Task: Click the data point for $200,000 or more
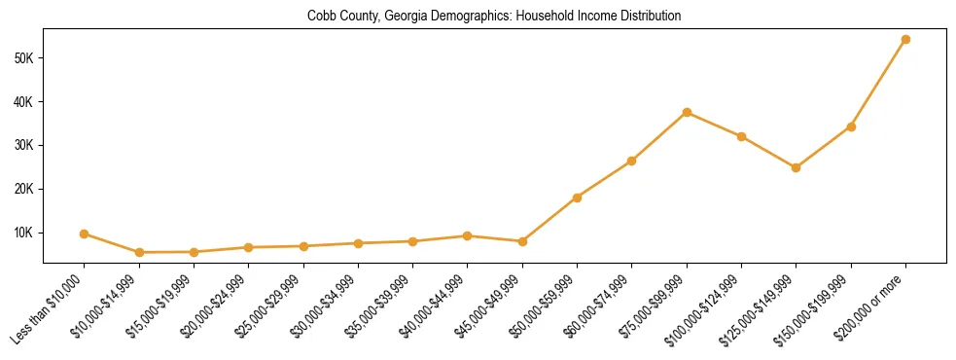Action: [x=905, y=40]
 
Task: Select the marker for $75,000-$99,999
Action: [x=687, y=113]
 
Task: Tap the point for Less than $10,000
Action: [x=85, y=234]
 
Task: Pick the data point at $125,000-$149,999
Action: [x=796, y=167]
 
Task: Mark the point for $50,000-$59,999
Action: [x=577, y=198]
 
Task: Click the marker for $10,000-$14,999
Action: [x=139, y=252]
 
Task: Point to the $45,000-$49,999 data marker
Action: [x=522, y=241]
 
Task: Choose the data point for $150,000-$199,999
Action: [x=851, y=126]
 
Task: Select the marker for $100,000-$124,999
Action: [x=741, y=136]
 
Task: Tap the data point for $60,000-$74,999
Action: [x=632, y=161]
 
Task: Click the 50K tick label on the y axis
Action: [x=24, y=58]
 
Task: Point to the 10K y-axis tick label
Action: [x=24, y=233]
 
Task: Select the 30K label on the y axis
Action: [x=24, y=145]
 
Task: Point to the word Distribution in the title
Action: [x=648, y=17]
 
